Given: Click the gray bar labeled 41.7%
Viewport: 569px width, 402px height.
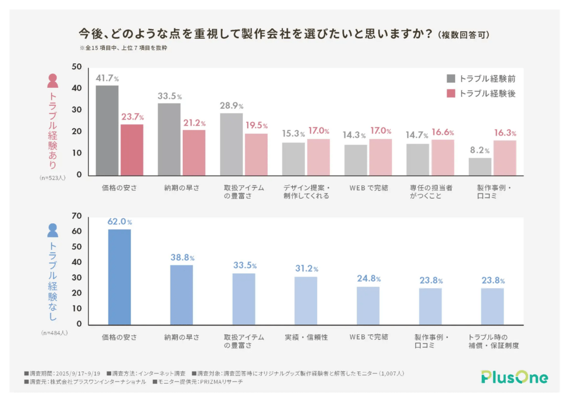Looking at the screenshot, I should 107,130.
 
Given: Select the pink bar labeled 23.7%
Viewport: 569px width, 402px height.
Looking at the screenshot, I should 132,150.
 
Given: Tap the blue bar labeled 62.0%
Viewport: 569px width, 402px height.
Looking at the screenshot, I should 119,277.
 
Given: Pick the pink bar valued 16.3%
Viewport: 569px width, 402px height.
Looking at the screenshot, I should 505,158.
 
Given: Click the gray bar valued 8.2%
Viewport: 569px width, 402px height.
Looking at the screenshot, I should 480,167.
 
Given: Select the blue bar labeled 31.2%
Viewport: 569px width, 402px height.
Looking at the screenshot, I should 306,300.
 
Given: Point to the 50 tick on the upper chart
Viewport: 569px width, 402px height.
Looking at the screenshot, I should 77,67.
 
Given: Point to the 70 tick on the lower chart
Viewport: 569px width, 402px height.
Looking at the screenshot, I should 77,216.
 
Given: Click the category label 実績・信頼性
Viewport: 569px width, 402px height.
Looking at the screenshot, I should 306,337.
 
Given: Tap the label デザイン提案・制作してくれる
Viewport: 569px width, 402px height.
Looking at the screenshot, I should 306,192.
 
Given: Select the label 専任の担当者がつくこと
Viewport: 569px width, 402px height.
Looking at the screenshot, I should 430,192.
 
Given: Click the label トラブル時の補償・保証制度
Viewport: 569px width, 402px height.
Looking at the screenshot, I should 492,341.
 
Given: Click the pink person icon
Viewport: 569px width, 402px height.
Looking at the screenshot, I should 53,82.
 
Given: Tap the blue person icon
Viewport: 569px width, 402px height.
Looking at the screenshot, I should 53,230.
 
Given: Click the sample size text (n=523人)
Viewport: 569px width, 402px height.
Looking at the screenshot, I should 53,178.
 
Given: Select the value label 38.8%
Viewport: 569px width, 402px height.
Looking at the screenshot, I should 182,258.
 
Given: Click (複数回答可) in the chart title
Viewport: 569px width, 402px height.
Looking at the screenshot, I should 463,35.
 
